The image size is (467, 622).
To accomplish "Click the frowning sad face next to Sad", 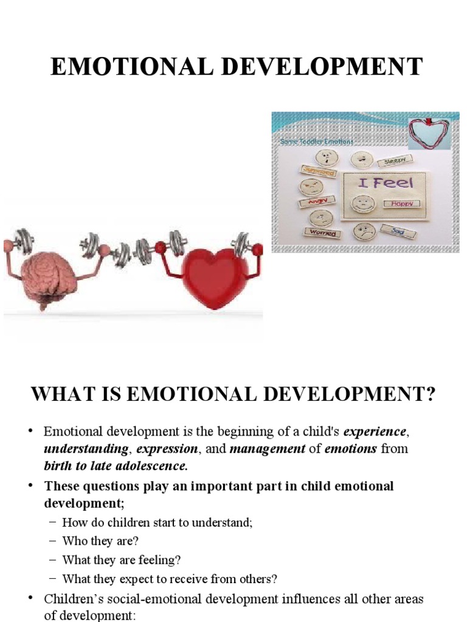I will click(365, 231).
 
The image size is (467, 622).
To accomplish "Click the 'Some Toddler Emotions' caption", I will click(316, 142).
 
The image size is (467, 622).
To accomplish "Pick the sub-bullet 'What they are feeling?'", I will click(122, 559).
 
